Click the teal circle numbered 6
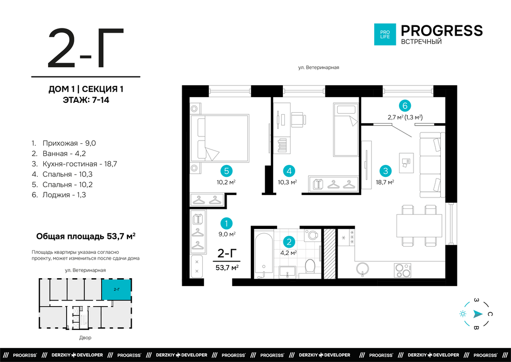(405, 105)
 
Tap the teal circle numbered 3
(386, 171)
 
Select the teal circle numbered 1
(226, 223)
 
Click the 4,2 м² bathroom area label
(289, 253)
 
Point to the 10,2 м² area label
(226, 182)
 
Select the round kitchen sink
(362, 269)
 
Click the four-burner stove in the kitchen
(403, 270)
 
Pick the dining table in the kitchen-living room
(419, 225)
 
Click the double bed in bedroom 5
(220, 138)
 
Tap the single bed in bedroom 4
(346, 130)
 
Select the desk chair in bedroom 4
(298, 119)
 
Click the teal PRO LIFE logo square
(385, 34)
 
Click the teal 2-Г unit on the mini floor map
(117, 290)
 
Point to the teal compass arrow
(478, 314)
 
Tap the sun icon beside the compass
(462, 314)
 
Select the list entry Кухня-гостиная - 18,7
(74, 164)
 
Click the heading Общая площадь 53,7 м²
(86, 236)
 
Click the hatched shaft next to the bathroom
(329, 254)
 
